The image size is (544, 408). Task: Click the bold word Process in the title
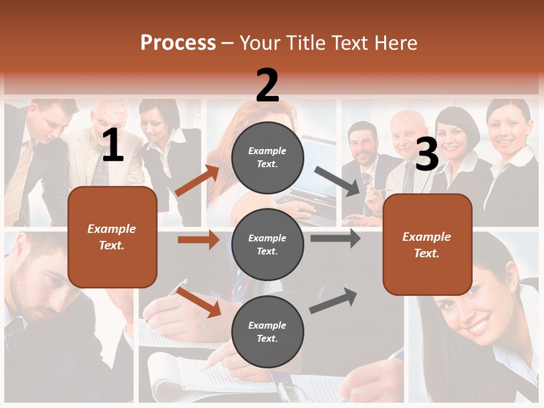pyautogui.click(x=178, y=42)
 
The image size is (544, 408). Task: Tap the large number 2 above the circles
pyautogui.click(x=267, y=86)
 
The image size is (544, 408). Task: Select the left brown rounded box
pyautogui.click(x=112, y=237)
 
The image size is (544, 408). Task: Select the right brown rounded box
pyautogui.click(x=427, y=244)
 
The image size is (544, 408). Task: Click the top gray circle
pyautogui.click(x=267, y=158)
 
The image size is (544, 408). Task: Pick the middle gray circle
pyautogui.click(x=267, y=244)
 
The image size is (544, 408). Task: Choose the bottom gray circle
pyautogui.click(x=267, y=331)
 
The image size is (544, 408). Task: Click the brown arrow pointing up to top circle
pyautogui.click(x=197, y=181)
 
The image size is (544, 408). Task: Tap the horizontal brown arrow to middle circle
pyautogui.click(x=198, y=240)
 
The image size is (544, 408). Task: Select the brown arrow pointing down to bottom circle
pyautogui.click(x=198, y=302)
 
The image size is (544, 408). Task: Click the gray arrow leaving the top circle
pyautogui.click(x=338, y=181)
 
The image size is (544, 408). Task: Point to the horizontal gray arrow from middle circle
pyautogui.click(x=335, y=238)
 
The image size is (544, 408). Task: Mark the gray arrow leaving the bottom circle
pyautogui.click(x=333, y=301)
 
